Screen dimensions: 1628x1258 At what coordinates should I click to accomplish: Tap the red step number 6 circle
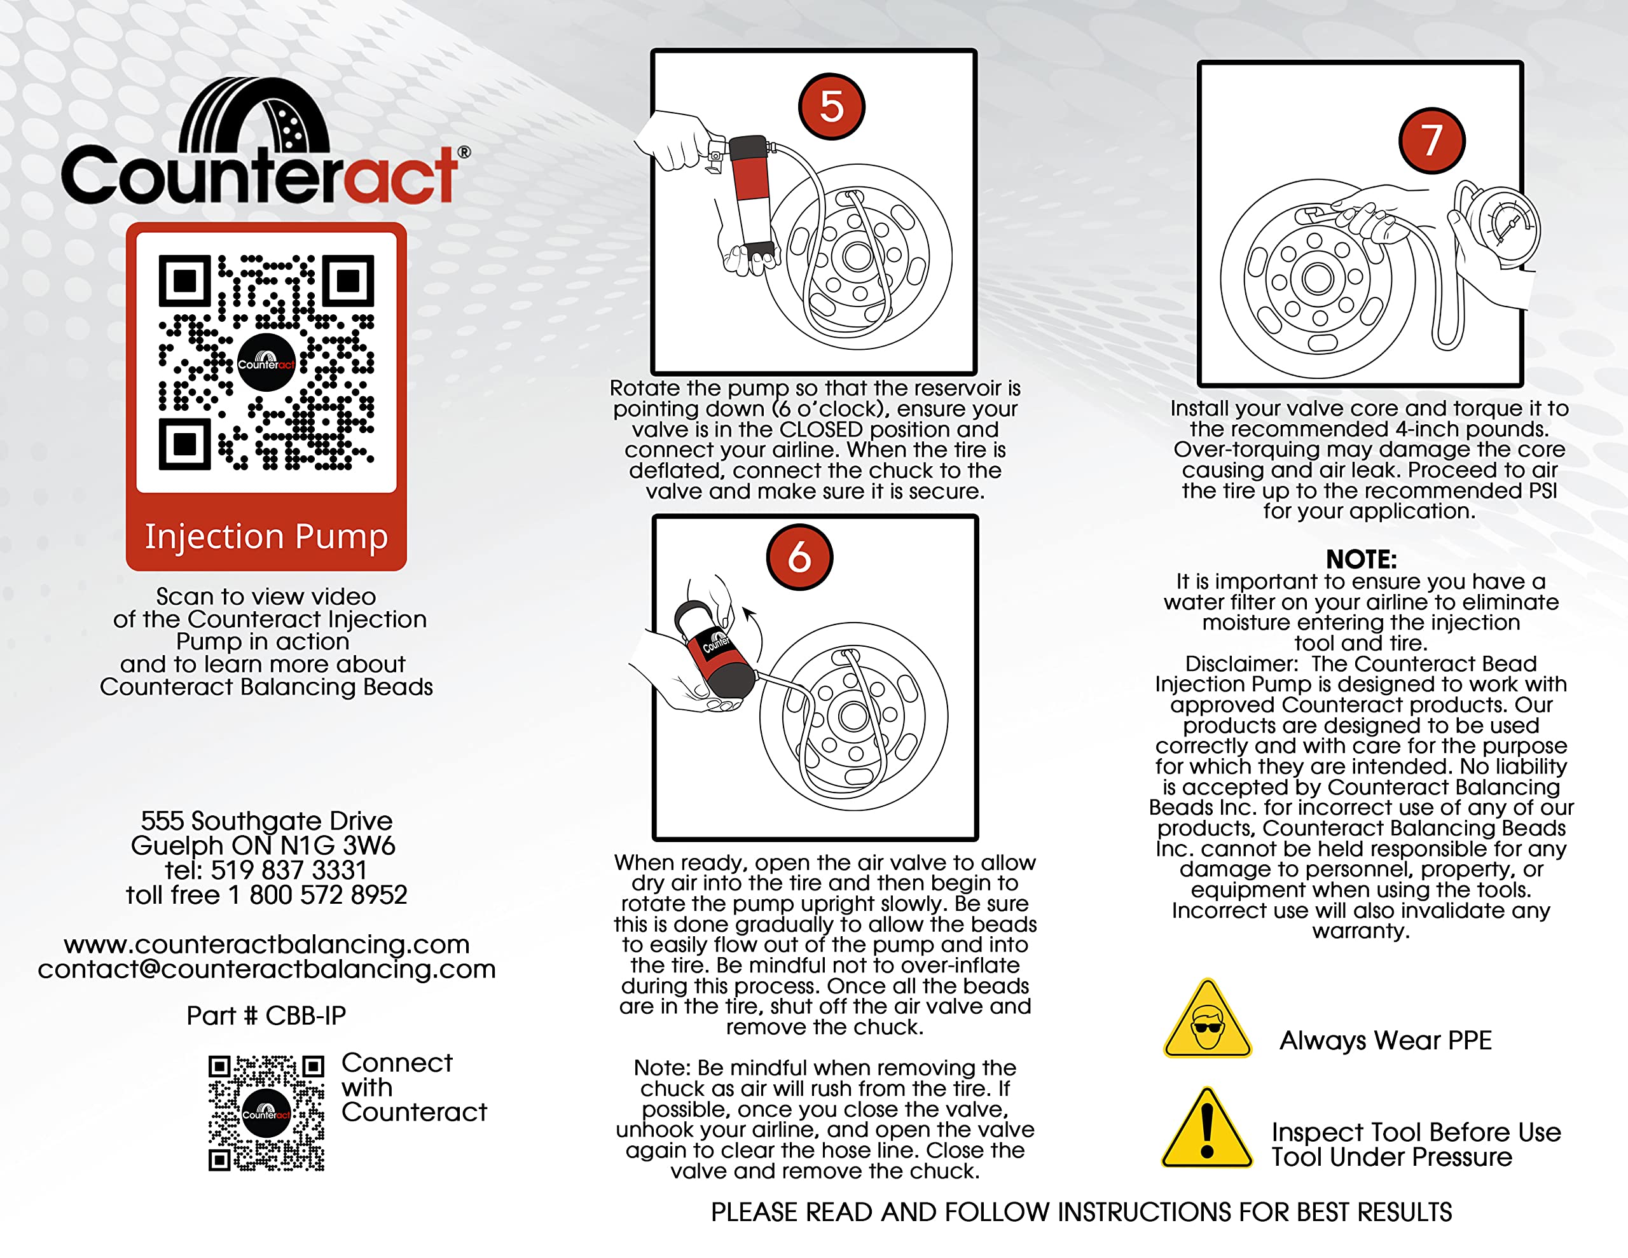(799, 557)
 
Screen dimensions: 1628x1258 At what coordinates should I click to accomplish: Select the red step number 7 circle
(1431, 140)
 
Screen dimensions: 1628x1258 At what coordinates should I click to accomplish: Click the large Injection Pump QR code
(266, 363)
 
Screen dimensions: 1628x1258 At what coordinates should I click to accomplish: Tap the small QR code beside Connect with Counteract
(266, 1112)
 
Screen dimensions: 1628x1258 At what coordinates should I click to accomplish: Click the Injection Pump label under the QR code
(266, 536)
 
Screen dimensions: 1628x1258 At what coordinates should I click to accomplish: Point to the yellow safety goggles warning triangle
(1208, 1020)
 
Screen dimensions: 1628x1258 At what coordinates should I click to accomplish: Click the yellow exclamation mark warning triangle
(1208, 1129)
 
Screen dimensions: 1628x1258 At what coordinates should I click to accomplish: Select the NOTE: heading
(1361, 559)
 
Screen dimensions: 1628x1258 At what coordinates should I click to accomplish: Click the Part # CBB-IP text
(266, 1016)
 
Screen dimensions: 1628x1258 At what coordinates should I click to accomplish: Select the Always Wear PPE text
(1386, 1040)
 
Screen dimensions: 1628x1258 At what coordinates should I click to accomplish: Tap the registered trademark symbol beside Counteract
(464, 152)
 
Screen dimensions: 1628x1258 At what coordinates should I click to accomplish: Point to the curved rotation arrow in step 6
(757, 632)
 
